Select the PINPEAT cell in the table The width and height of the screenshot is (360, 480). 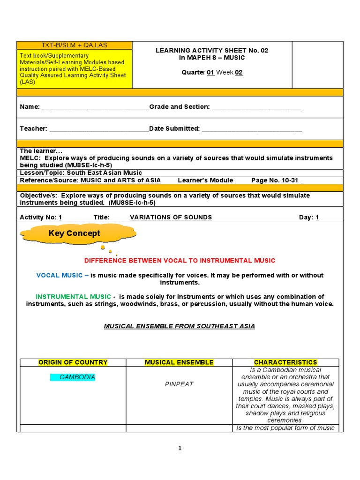pos(179,384)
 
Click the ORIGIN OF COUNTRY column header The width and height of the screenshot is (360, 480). pos(73,362)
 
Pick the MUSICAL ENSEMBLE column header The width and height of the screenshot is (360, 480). pos(179,362)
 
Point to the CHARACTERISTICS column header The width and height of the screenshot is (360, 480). pos(285,362)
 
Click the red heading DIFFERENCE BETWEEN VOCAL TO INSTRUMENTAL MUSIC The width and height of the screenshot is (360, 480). pos(180,260)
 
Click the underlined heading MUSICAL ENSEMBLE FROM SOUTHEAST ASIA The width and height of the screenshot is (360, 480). pos(180,326)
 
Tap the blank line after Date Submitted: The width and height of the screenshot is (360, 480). pos(252,129)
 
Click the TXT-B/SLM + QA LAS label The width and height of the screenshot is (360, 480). pos(75,45)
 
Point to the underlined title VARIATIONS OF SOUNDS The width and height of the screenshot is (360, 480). pos(171,217)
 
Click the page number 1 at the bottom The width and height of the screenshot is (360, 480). pos(180,448)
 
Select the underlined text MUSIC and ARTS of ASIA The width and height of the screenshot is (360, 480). pos(120,180)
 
